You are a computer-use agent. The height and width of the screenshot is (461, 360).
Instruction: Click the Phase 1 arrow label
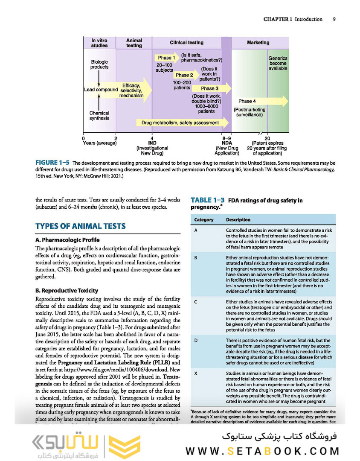pos(166,58)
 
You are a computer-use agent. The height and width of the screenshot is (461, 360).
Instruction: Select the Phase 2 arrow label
pos(184,75)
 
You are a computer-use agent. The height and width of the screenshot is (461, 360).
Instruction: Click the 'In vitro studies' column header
pos(99,43)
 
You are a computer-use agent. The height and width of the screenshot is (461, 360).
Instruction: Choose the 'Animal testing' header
pos(134,43)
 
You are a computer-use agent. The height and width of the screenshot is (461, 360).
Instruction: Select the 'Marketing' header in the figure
pos(258,43)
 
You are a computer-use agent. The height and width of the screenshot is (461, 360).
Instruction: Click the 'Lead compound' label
pos(101,90)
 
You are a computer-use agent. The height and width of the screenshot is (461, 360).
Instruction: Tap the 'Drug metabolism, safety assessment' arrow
pos(180,123)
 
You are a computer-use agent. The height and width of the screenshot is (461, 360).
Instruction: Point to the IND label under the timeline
pos(152,143)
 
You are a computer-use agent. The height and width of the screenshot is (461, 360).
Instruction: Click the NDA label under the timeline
pos(226,143)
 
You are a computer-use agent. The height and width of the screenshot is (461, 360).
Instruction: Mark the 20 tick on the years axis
pos(267,138)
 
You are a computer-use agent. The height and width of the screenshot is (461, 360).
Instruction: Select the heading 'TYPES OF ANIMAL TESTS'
pos(81,226)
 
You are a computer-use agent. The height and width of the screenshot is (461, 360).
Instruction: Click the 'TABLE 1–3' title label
pos(207,200)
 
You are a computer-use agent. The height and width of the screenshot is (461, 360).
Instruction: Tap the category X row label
pos(195,373)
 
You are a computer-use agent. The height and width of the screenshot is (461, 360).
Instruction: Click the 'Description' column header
pos(238,220)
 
